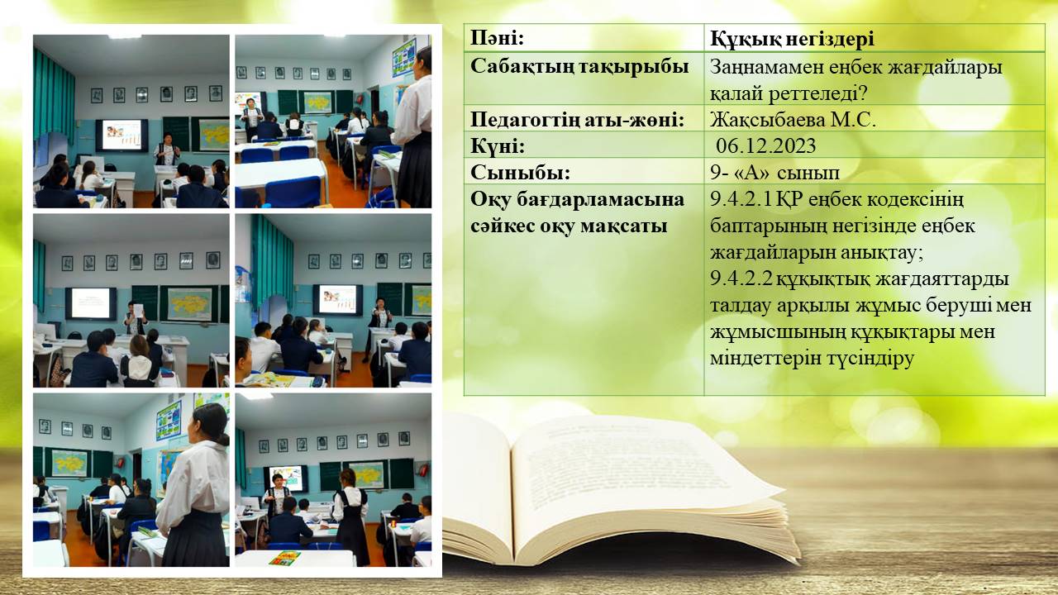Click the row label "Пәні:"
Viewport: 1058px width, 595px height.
click(x=498, y=38)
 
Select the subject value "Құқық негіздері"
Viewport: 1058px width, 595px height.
click(x=792, y=39)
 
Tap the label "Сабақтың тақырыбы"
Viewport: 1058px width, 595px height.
click(x=579, y=66)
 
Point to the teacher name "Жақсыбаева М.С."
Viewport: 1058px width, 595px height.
click(x=793, y=120)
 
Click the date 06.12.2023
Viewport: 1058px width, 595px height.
click(x=765, y=146)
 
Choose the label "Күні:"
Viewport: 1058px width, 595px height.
click(x=498, y=146)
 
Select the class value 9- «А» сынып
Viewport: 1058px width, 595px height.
click(x=774, y=173)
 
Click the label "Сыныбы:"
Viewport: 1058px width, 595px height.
click(x=520, y=173)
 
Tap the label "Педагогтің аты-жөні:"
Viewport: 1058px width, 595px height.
click(x=577, y=120)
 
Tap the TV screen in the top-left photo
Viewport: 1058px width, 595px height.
click(x=122, y=135)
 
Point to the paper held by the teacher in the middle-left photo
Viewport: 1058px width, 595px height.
click(x=138, y=310)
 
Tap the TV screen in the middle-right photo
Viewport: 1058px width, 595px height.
click(x=337, y=299)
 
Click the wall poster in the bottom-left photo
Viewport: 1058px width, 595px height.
click(x=169, y=421)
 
